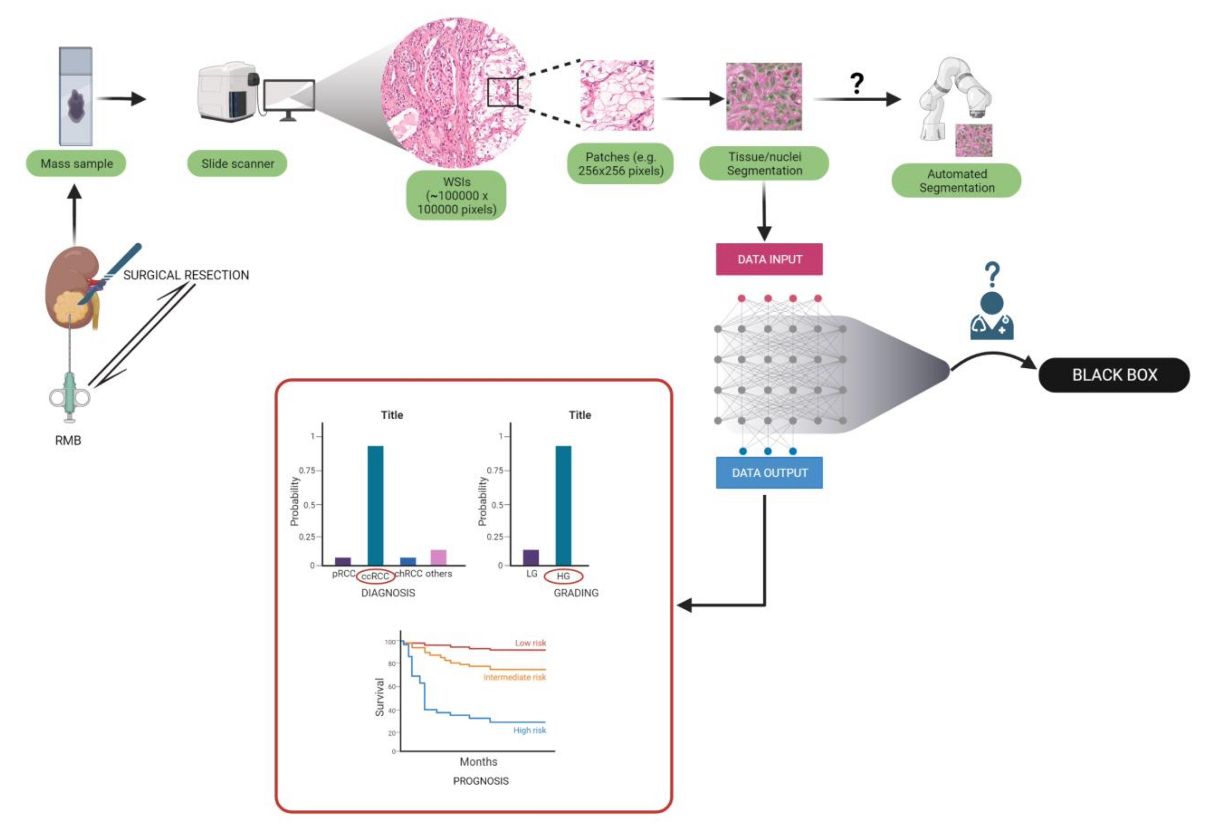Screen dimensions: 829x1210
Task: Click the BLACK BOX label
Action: [1114, 375]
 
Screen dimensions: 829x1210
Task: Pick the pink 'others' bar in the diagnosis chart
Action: [439, 557]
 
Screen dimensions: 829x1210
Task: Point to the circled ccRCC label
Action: [375, 576]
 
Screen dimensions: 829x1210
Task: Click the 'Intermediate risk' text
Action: [515, 677]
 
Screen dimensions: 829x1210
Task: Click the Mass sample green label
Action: [77, 164]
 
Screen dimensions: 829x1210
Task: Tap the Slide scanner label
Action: [237, 164]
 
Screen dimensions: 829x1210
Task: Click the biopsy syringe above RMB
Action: [69, 396]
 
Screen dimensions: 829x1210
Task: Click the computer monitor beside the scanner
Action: [289, 96]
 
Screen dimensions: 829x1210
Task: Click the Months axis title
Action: [478, 761]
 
